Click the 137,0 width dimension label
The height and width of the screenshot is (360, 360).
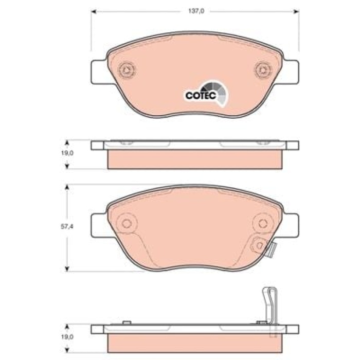click(196, 11)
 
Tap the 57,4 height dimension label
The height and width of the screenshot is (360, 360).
click(67, 227)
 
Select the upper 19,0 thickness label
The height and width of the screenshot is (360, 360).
click(67, 153)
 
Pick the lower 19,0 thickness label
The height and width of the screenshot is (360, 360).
click(67, 337)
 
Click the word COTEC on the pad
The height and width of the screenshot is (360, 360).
click(201, 95)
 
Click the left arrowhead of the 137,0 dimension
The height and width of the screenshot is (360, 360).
click(94, 11)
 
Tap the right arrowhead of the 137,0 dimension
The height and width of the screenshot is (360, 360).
click(297, 11)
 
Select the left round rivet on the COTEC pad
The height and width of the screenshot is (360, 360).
click(127, 69)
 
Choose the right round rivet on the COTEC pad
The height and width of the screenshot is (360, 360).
click(263, 69)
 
